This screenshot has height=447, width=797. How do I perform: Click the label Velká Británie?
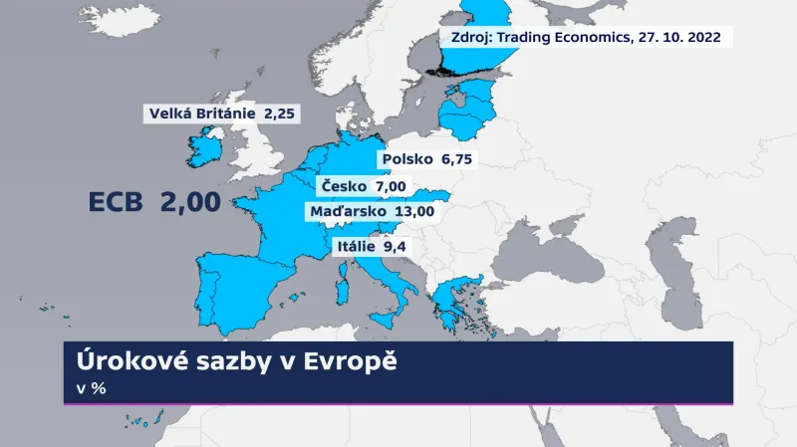(201, 113)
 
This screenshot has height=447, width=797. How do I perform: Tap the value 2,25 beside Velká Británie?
(280, 113)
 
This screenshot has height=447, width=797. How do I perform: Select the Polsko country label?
(406, 159)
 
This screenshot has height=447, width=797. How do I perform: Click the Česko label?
(343, 186)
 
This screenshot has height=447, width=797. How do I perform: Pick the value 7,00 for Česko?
(392, 186)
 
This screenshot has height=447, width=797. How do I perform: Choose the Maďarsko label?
(349, 210)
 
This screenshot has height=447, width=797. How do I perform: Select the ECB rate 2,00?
(190, 203)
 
